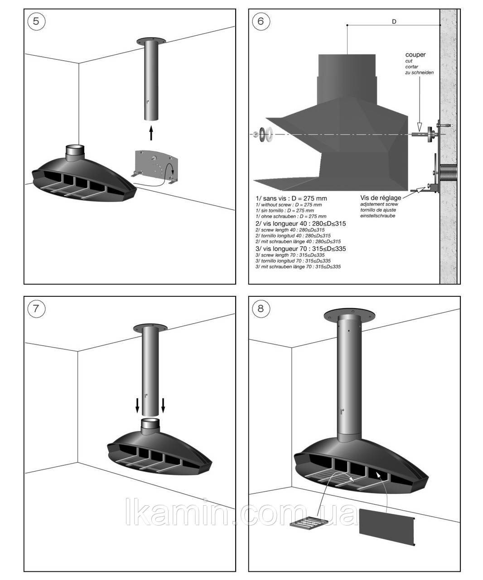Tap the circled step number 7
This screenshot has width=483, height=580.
37,309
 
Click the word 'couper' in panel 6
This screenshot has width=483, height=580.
415,55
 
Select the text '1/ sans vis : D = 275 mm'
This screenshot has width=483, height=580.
291,198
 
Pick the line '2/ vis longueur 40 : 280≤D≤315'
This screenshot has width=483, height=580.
301,223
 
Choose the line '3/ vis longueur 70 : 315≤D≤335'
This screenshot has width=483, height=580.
301,248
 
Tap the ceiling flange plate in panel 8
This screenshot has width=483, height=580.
350,315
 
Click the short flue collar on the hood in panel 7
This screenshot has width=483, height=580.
150,426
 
